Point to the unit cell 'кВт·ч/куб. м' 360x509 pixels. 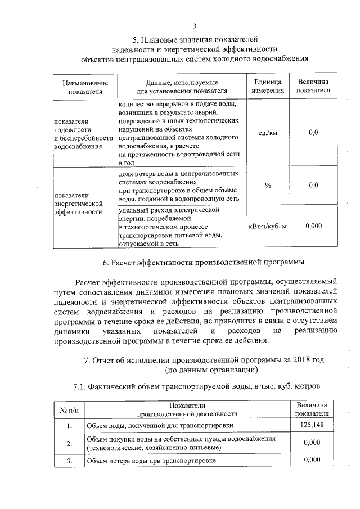tap(267, 226)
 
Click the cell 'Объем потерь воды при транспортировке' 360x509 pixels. tap(151, 461)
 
